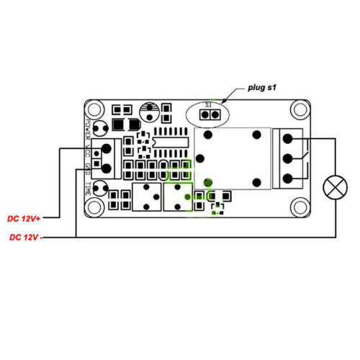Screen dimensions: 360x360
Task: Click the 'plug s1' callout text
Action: [262, 88]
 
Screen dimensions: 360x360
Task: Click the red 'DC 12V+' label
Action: [24, 219]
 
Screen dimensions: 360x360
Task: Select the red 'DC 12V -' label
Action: [26, 238]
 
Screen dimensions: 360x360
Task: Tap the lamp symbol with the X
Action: [336, 187]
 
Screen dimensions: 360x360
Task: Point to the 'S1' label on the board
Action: [208, 105]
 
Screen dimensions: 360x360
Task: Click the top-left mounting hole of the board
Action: [94, 109]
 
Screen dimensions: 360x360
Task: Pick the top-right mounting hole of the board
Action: [300, 109]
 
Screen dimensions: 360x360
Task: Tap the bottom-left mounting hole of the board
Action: [94, 207]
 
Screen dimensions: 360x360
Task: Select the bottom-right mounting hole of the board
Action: [300, 207]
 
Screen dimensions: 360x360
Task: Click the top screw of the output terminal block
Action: [288, 139]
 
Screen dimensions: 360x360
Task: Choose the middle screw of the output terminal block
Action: [288, 158]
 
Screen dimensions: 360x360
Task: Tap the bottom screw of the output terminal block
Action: [288, 179]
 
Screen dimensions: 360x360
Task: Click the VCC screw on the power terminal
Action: [107, 149]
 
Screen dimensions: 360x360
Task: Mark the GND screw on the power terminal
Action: [107, 168]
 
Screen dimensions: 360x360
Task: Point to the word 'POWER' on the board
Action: [89, 129]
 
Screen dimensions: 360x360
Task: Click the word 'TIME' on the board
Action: [88, 189]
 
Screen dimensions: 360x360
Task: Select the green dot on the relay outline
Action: [208, 183]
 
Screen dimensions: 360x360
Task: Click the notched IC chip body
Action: [170, 143]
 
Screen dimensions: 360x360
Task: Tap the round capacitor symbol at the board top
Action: [149, 112]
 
